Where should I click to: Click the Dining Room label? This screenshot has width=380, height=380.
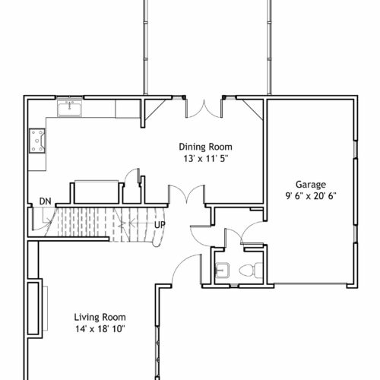[x=205, y=147]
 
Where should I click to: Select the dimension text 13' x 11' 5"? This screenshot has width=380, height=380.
[x=206, y=159]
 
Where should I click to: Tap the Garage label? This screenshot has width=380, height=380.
[x=311, y=185]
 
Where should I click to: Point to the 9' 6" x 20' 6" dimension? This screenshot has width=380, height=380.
[x=311, y=196]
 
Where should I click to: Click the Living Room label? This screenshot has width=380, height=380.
[x=100, y=317]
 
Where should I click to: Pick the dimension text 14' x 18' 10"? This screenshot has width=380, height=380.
[x=100, y=329]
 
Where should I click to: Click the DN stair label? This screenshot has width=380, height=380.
[x=46, y=201]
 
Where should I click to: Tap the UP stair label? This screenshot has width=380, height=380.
[x=160, y=225]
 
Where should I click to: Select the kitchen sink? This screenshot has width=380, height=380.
[x=69, y=108]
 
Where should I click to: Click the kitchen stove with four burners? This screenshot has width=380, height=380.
[x=37, y=141]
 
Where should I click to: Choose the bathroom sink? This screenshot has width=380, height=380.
[x=222, y=271]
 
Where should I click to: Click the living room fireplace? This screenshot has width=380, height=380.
[x=35, y=309]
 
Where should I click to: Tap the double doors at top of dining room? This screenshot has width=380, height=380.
[x=204, y=109]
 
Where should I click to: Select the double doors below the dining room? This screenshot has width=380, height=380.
[x=187, y=194]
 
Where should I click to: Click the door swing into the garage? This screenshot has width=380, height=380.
[x=252, y=233]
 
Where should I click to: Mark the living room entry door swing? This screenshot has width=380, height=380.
[x=186, y=268]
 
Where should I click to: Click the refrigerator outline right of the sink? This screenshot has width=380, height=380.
[x=128, y=109]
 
